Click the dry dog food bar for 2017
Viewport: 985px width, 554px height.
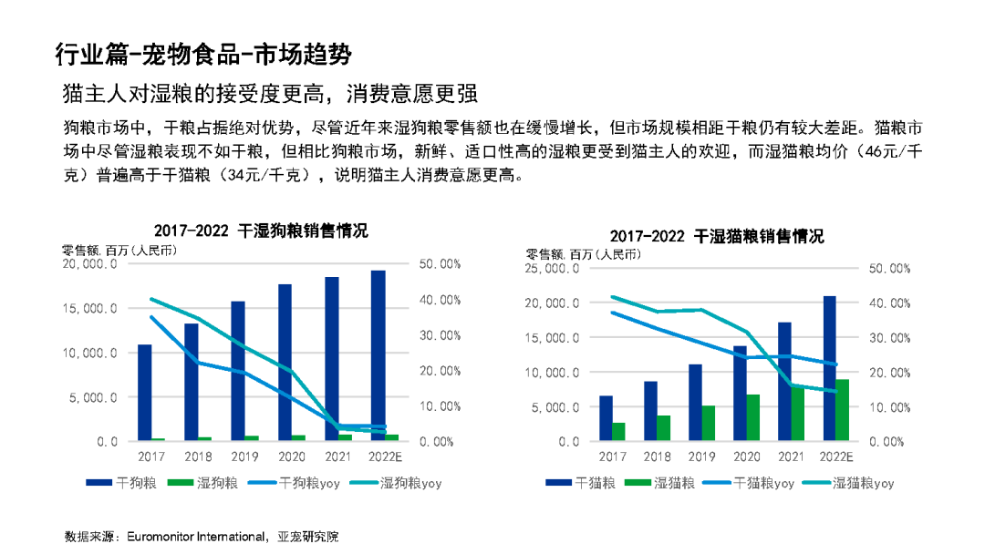[144, 393]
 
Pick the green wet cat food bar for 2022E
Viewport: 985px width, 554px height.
[843, 410]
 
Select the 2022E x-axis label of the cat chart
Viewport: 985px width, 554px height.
[835, 456]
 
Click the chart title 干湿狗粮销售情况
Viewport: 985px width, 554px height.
[302, 231]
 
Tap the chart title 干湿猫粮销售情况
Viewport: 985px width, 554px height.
[759, 236]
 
